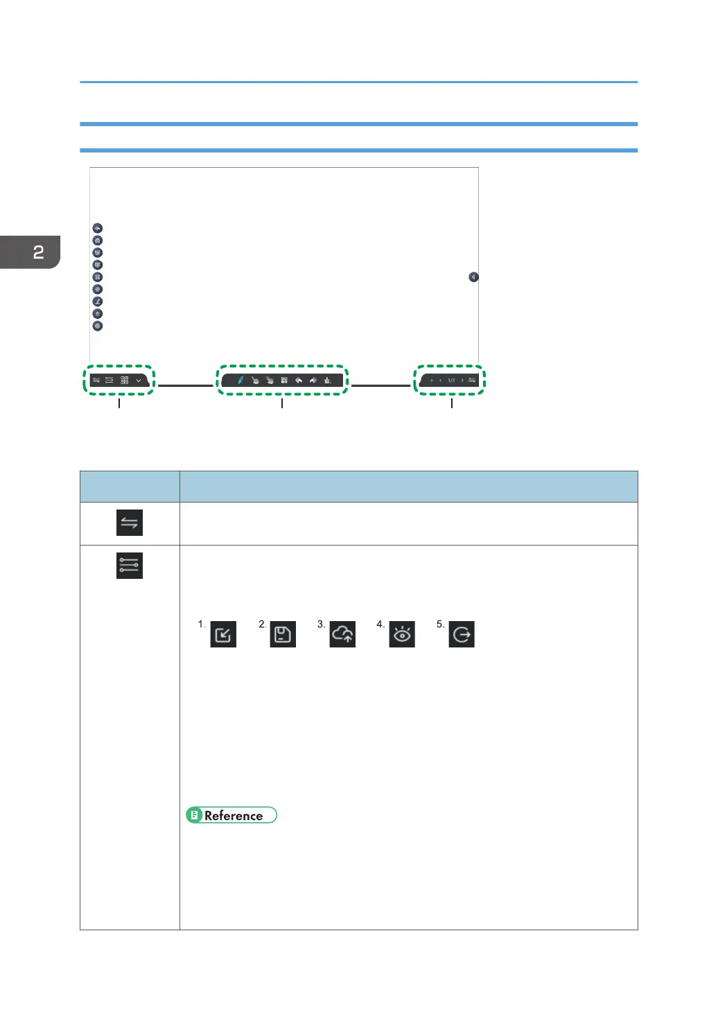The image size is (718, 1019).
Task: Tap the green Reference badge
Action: click(x=231, y=815)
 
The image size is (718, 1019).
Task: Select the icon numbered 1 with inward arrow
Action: click(x=223, y=634)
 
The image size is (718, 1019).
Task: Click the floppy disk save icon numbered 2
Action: click(x=283, y=634)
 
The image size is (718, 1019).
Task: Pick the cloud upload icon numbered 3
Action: click(x=342, y=634)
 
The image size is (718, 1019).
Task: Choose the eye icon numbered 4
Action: click(x=402, y=634)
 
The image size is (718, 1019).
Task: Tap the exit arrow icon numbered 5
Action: click(x=462, y=634)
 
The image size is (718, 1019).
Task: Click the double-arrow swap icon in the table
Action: click(x=130, y=523)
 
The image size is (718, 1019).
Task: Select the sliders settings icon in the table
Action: click(x=130, y=566)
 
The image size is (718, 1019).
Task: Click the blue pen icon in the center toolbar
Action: click(x=240, y=380)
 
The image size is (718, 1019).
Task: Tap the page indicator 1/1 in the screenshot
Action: click(x=451, y=381)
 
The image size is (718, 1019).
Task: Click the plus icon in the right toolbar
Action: click(x=431, y=381)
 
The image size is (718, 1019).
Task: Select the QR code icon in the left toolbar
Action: click(x=125, y=380)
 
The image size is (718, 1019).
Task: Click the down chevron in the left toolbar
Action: click(x=139, y=380)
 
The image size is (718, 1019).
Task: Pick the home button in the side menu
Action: click(x=98, y=241)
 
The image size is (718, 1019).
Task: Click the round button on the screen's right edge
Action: click(x=473, y=277)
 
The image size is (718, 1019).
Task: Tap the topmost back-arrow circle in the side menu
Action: click(x=98, y=228)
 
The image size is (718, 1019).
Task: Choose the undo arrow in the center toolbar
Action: click(x=299, y=380)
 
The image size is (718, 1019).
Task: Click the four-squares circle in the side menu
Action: click(x=98, y=277)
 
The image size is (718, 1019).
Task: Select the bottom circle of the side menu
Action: click(x=98, y=326)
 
